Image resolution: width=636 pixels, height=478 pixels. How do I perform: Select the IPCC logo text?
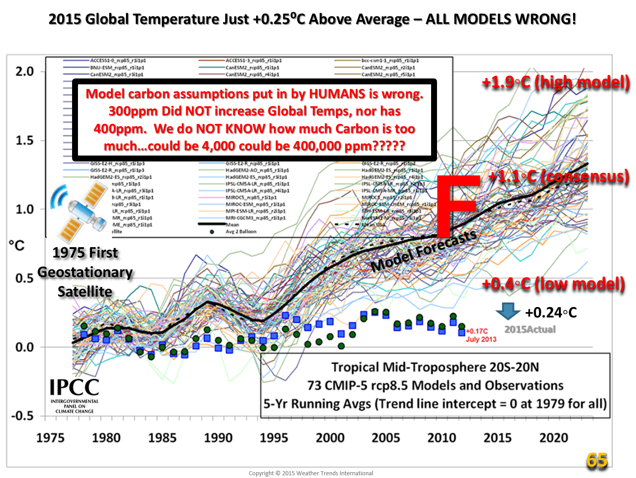(x=74, y=388)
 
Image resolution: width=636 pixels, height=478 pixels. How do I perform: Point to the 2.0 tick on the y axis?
(x=25, y=71)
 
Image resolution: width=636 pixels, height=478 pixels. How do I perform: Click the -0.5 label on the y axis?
(x=22, y=416)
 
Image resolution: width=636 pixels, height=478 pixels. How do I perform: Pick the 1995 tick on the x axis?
(x=274, y=438)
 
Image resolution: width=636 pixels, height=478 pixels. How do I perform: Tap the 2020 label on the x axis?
(x=553, y=438)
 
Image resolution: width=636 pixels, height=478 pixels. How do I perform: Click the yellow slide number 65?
(x=597, y=460)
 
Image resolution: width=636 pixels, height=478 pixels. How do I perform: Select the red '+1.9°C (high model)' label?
(x=556, y=82)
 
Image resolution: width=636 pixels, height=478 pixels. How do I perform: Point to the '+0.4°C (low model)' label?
(x=553, y=284)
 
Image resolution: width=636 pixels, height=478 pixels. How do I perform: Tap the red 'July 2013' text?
(x=481, y=339)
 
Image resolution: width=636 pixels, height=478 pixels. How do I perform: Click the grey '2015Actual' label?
(x=530, y=330)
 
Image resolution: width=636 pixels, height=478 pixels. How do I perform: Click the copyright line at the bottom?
(x=311, y=473)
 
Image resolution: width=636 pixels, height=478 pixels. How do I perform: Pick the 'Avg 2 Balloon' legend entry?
(x=241, y=232)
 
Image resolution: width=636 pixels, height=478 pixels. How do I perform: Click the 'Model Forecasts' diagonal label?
(x=423, y=251)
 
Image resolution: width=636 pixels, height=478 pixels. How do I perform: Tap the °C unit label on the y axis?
(x=17, y=245)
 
